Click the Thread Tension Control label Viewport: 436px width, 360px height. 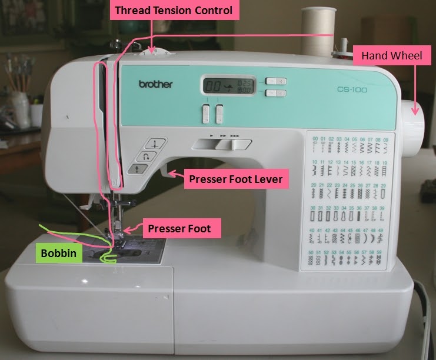click(x=173, y=11)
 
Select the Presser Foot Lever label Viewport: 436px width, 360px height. click(x=235, y=178)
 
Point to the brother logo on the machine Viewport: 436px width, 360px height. click(x=155, y=84)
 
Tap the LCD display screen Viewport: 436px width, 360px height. click(x=224, y=86)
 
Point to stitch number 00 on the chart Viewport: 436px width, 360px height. click(x=315, y=139)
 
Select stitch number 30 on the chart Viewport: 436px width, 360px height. click(x=315, y=207)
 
